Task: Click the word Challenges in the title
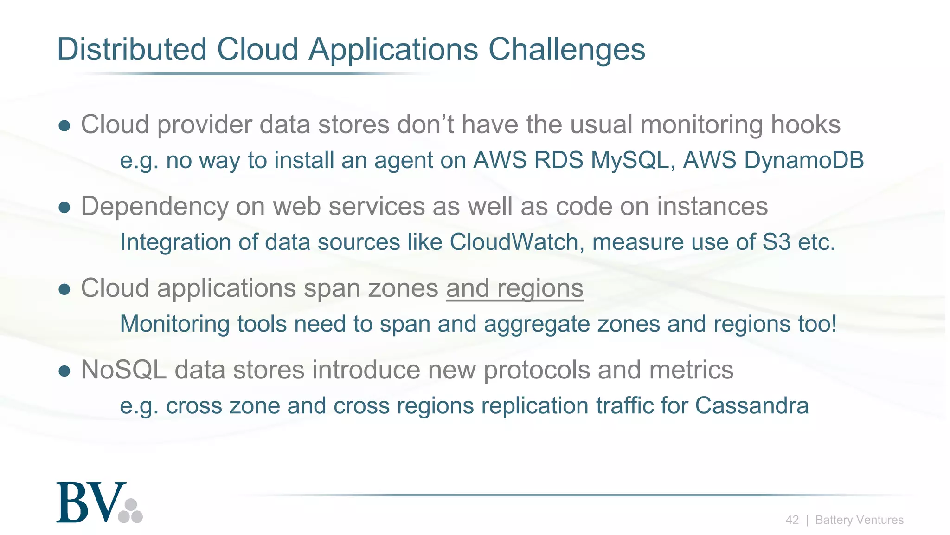[x=566, y=49]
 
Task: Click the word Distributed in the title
[x=131, y=49]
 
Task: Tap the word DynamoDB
[x=804, y=160]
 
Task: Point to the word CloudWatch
[x=513, y=242]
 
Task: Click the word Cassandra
[x=751, y=405]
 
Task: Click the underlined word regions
[x=540, y=288]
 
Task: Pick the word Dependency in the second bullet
[x=154, y=207]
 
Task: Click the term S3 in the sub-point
[x=777, y=242]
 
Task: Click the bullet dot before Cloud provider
[x=64, y=126]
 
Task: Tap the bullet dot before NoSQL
[x=64, y=371]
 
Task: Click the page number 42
[x=792, y=520]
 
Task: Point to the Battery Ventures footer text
[x=859, y=520]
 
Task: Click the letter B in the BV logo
[x=72, y=503]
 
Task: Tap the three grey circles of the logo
[x=131, y=511]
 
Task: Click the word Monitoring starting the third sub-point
[x=174, y=324]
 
